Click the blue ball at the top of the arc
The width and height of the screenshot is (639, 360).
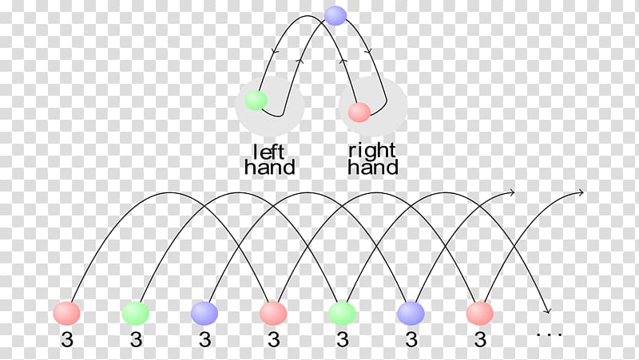tap(335, 16)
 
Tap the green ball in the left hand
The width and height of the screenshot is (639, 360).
tap(256, 101)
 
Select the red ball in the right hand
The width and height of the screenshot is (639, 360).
tap(359, 112)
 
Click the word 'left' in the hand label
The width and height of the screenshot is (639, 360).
tap(268, 152)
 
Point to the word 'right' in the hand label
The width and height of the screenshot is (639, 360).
tap(371, 151)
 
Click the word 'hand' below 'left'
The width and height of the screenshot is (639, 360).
tap(269, 167)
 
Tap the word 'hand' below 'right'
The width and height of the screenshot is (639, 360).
tap(373, 167)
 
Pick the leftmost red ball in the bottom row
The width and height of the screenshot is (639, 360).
tap(67, 314)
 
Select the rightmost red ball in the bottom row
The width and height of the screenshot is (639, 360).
tap(480, 314)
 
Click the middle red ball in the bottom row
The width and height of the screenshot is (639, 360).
tap(273, 314)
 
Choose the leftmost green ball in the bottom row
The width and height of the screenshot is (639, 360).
tap(136, 314)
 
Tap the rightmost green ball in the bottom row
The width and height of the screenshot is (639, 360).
tap(343, 314)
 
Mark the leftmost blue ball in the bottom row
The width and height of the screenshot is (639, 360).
tap(204, 314)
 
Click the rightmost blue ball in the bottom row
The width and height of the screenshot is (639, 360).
tap(411, 314)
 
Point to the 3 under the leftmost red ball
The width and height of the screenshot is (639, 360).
tap(67, 339)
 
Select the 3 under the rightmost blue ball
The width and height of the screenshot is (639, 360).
tap(411, 339)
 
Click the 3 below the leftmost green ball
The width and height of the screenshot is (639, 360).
tap(136, 339)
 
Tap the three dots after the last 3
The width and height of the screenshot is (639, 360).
tap(550, 334)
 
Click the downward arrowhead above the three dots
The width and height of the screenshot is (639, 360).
tap(548, 311)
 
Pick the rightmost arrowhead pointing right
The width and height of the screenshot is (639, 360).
tap(581, 192)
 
